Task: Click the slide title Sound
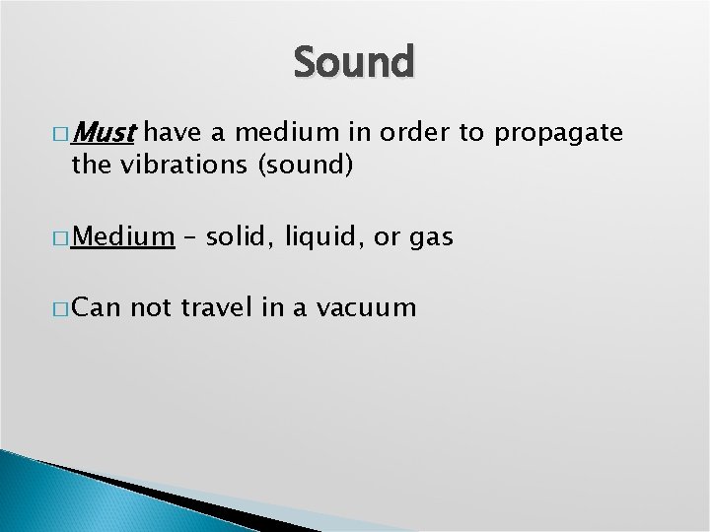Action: point(355,62)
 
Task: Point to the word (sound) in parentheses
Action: point(305,165)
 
